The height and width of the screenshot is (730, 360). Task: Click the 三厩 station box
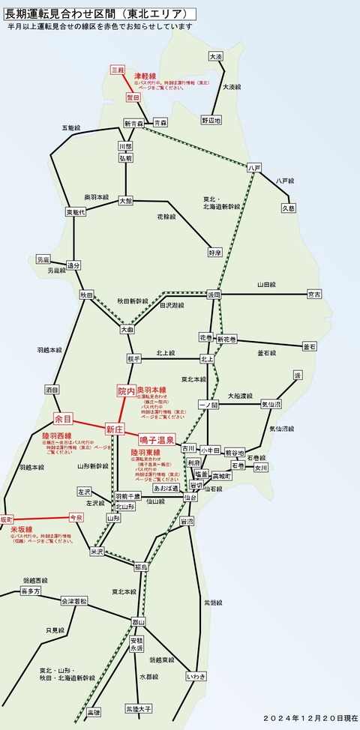tap(118, 70)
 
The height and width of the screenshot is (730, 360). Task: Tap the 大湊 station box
tap(216, 56)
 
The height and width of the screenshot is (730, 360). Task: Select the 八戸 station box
tap(255, 168)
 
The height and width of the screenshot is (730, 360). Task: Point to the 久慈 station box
tap(289, 208)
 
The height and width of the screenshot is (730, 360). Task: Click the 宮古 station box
tap(315, 295)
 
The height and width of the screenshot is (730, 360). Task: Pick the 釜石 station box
tap(310, 346)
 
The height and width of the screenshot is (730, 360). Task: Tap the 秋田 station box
tap(88, 295)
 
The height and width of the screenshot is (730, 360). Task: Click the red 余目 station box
tap(64, 418)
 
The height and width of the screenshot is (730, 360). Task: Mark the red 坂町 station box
tap(7, 519)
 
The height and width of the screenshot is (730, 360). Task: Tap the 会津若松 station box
tap(73, 601)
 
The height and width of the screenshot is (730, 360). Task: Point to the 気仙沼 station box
tap(271, 404)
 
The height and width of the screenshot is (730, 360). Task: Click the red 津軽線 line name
tap(144, 76)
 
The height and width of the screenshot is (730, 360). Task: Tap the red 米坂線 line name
tap(21, 529)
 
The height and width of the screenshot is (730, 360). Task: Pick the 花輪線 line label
tap(166, 217)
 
